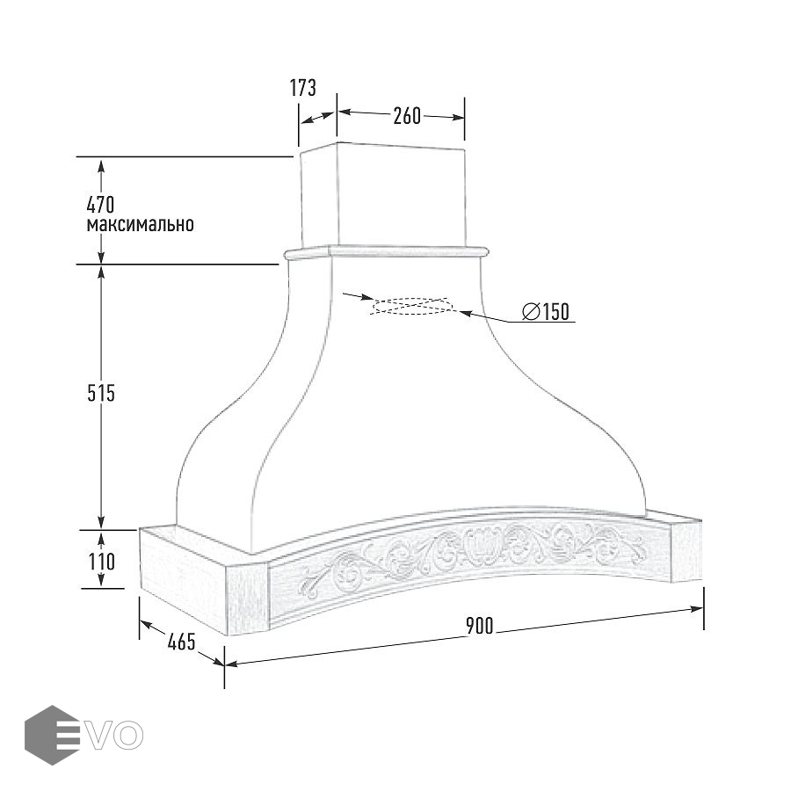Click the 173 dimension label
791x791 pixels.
(302, 88)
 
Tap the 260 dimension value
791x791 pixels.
(407, 116)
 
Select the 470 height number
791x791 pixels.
(101, 205)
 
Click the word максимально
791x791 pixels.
(141, 224)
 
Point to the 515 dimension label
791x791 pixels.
(101, 393)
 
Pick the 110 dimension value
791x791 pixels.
(102, 562)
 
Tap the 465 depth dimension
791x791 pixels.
(181, 642)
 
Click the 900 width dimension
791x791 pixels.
(480, 626)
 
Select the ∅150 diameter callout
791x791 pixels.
(546, 311)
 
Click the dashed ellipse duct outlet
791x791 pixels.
(411, 306)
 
